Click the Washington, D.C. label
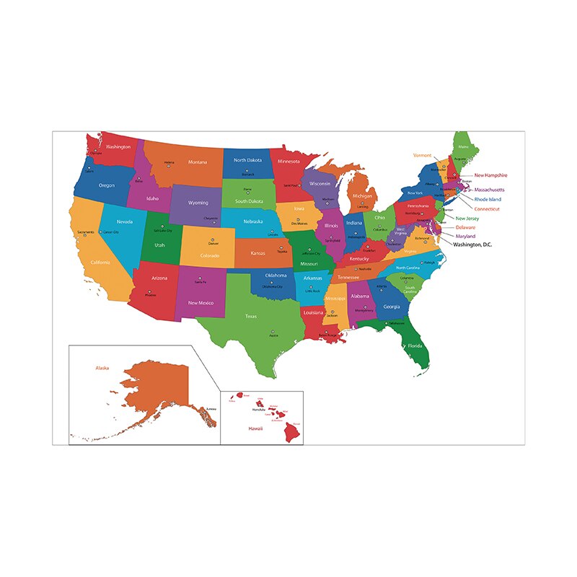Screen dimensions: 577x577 (x=472, y=245)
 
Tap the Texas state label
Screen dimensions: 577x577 (x=251, y=316)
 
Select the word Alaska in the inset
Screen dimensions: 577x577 (x=102, y=368)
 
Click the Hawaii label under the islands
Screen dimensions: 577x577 (x=256, y=428)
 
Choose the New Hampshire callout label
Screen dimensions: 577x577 (x=490, y=175)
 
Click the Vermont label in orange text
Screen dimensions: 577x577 (x=422, y=155)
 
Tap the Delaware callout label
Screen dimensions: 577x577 (x=465, y=227)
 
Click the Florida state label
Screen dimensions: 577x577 (x=415, y=345)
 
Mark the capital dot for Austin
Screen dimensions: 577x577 (x=273, y=331)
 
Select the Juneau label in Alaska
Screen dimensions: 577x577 (x=211, y=409)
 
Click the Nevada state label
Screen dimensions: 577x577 (x=125, y=222)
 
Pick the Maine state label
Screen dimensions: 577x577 (x=463, y=147)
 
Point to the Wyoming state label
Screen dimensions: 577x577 (x=198, y=203)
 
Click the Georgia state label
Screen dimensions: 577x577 (x=392, y=307)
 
